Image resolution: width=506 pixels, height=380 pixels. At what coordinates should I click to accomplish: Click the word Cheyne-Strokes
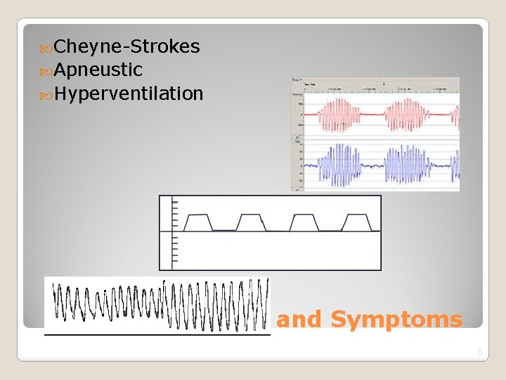click(x=126, y=47)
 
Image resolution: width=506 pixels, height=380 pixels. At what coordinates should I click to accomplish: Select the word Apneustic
click(x=98, y=70)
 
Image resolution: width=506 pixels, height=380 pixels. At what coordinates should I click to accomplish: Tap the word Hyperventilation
click(x=129, y=93)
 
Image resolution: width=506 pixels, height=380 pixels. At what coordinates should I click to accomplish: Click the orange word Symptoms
click(x=396, y=319)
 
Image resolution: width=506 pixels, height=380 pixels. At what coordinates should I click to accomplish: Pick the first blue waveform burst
click(x=339, y=165)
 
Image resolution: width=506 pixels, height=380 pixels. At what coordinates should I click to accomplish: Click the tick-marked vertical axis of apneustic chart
click(x=173, y=232)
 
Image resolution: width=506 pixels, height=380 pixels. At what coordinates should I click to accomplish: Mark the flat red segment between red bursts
click(x=373, y=113)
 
